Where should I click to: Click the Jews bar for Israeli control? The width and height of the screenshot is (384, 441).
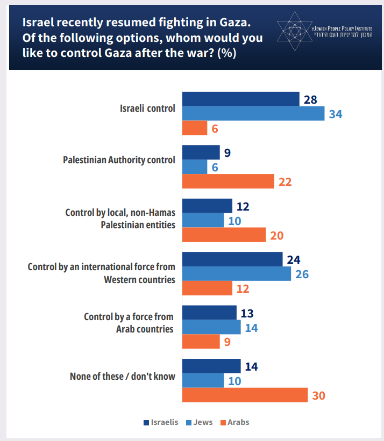(x=253, y=113)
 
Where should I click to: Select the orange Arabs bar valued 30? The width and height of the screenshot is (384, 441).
(x=245, y=395)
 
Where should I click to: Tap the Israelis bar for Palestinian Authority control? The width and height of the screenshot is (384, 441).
(x=201, y=153)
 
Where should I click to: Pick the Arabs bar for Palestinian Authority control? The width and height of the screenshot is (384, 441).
(x=228, y=182)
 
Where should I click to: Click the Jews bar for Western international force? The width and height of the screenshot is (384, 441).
(x=237, y=274)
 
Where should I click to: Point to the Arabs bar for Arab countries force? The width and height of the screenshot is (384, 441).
(x=201, y=342)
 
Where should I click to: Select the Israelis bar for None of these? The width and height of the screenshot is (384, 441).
(x=211, y=366)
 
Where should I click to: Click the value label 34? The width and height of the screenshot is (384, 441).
(x=336, y=114)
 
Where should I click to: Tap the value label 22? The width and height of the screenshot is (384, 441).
(x=285, y=182)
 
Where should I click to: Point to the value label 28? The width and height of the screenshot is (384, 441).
(x=310, y=99)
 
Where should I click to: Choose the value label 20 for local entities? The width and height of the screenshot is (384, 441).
(x=276, y=235)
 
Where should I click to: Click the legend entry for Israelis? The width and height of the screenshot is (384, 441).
(x=161, y=422)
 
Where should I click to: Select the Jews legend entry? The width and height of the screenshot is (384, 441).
(x=198, y=422)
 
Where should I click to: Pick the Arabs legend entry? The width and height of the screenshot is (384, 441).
(x=234, y=422)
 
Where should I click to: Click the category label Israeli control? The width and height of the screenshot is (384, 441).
(x=147, y=108)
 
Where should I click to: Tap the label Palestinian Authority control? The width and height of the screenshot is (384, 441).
(x=119, y=160)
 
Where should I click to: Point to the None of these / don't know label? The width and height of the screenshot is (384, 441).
(x=123, y=376)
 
